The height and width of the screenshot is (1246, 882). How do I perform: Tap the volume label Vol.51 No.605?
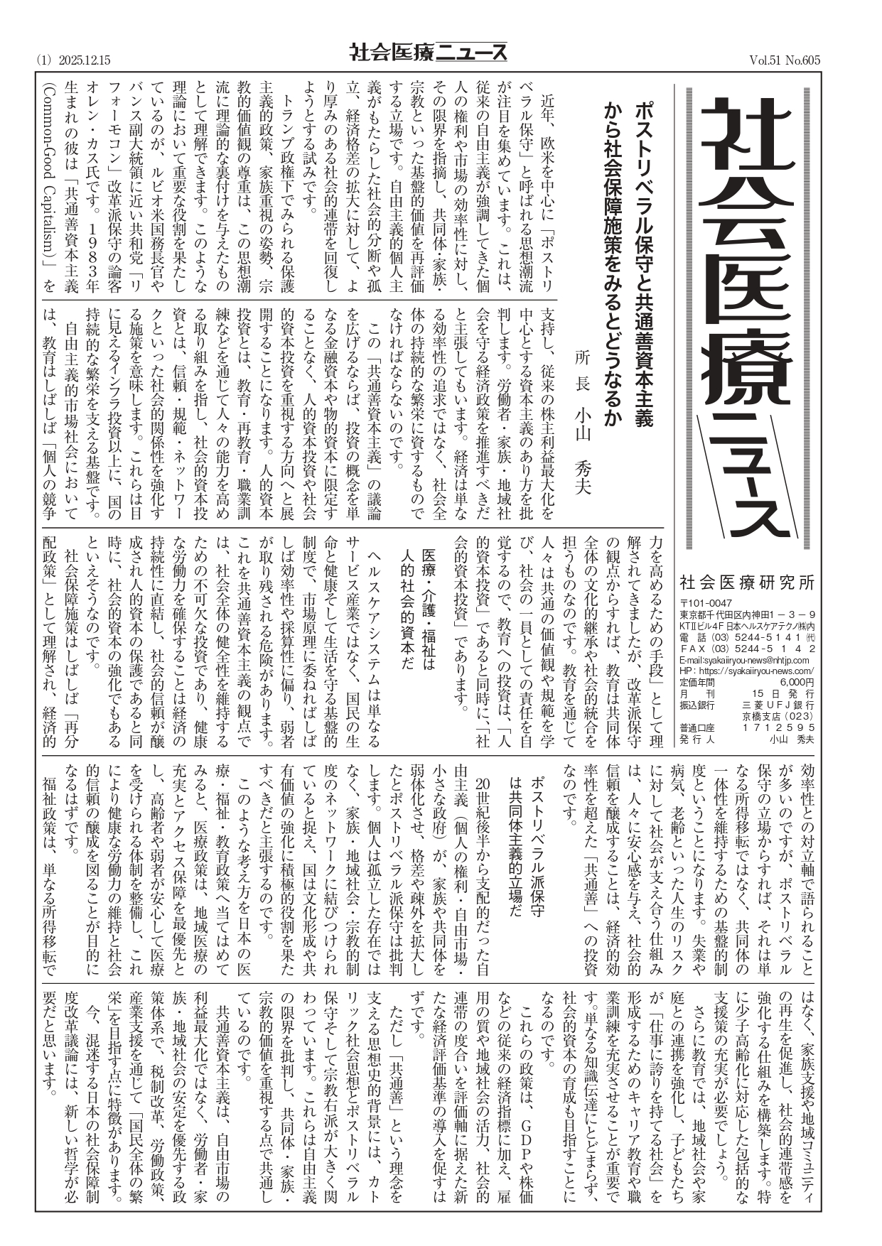click(784, 60)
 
